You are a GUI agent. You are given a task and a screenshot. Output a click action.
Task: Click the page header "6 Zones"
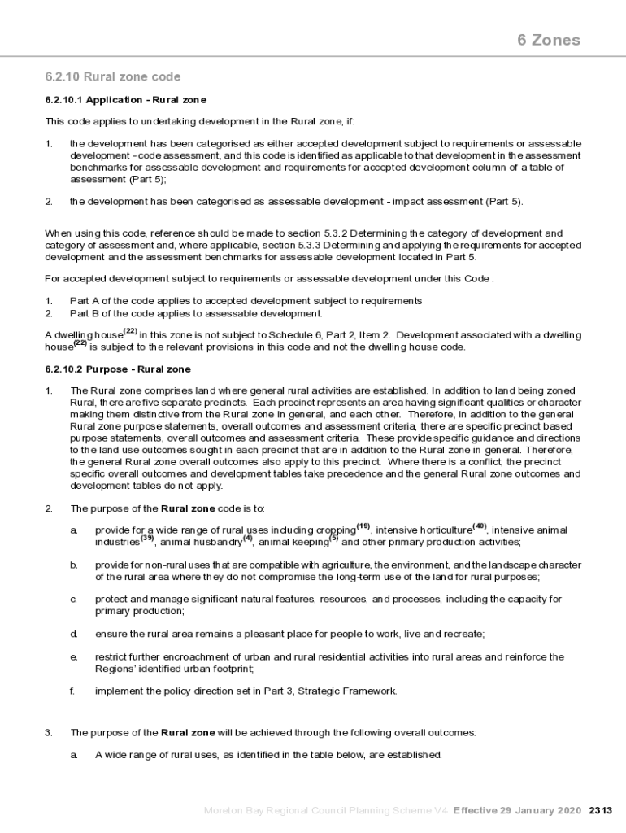pos(549,40)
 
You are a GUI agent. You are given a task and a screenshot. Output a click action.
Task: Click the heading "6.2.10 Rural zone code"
pos(113,77)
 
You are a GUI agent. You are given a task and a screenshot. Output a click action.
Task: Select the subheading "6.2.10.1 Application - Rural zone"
pos(125,100)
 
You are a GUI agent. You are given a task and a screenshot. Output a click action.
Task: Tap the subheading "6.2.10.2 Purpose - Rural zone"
pos(118,369)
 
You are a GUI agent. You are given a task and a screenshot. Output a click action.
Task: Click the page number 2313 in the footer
pos(601,810)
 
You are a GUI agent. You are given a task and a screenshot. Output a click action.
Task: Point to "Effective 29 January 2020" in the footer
pos(517,810)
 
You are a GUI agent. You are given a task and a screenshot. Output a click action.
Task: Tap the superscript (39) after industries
pos(147,538)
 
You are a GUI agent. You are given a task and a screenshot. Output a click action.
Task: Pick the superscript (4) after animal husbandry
pos(248,538)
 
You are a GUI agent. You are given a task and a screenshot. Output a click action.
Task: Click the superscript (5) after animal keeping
pos(333,538)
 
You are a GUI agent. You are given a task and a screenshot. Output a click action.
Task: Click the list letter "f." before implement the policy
pos(72,691)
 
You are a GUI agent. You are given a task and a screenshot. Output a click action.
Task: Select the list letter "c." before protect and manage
pos(73,600)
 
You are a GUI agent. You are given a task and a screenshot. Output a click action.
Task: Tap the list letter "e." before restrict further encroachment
pos(73,656)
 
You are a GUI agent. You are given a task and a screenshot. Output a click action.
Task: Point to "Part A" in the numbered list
pos(83,301)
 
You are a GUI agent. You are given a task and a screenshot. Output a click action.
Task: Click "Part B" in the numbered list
pos(83,312)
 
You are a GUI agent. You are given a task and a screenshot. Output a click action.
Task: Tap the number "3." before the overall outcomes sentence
pos(48,732)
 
